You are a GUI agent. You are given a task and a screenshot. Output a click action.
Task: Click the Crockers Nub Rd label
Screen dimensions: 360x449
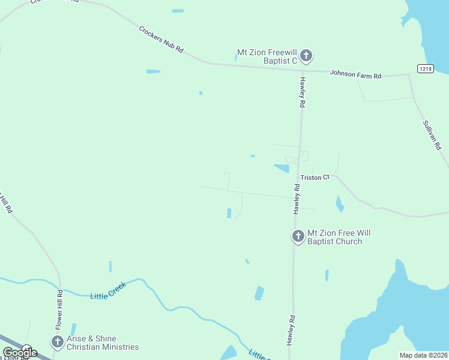pos(161,40)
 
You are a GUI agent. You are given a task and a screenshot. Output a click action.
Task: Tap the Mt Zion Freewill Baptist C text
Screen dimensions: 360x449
pos(267,56)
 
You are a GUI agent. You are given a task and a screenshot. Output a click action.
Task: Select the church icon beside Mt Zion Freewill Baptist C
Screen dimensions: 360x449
pos(306,57)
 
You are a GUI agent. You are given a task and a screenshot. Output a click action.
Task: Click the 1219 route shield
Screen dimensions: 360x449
pos(426,69)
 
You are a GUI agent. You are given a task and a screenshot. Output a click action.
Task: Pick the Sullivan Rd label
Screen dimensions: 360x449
pos(432,135)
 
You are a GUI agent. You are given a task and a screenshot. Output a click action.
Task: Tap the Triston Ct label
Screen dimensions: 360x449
pos(315,178)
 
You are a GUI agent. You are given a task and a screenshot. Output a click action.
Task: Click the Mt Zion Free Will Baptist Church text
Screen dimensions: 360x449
pos(334,237)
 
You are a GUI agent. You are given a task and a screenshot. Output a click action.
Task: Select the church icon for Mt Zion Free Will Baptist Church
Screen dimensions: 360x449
pos(298,236)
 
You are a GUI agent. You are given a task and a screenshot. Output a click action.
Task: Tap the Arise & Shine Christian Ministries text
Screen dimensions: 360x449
pos(103,343)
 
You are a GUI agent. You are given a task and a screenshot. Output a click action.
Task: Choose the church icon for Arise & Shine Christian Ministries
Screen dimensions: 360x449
pos(58,342)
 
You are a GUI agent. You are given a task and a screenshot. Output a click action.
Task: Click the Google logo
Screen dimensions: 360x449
pos(20,353)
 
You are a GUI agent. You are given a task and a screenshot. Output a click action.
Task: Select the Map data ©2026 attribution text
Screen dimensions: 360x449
pos(423,355)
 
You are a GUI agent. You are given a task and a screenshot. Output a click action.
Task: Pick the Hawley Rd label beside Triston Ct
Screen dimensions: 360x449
pos(297,199)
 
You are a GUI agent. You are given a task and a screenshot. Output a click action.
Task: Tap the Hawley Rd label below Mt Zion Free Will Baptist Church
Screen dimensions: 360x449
pos(292,330)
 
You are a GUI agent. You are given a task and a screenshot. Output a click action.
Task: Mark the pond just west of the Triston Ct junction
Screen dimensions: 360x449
pos(282,169)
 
